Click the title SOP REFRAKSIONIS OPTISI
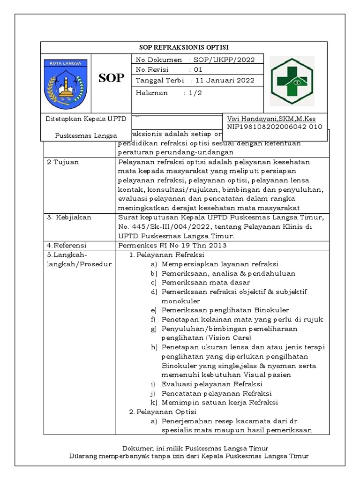(184, 47)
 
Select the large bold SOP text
(112, 78)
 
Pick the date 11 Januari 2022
(225, 80)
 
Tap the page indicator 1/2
(193, 93)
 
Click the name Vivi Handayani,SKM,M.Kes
(271, 119)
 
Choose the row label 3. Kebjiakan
(69, 217)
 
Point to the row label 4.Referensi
(68, 245)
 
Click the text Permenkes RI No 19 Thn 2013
(173, 245)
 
